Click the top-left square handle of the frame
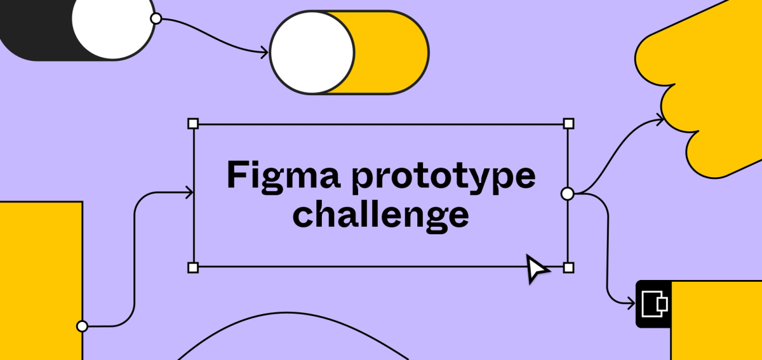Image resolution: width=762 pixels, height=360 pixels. pos(193,123)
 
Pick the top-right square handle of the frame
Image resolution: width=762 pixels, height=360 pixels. pos(569,123)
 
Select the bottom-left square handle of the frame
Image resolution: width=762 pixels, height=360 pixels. pos(193,267)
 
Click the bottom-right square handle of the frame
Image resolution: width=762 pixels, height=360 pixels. pos(569,267)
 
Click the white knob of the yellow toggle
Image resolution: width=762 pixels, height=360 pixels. pos(312,52)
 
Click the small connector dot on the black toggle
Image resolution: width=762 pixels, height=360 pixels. pos(156,18)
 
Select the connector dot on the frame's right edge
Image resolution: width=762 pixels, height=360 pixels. pos(568,193)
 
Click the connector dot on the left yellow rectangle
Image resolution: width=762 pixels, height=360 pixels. pos(82,326)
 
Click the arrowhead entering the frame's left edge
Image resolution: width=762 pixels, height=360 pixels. pos(189,193)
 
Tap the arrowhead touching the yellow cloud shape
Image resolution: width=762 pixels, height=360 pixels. pos(660,119)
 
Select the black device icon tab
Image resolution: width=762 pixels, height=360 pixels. pos(653,304)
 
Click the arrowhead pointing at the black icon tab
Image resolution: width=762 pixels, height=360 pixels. pos(631,303)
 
